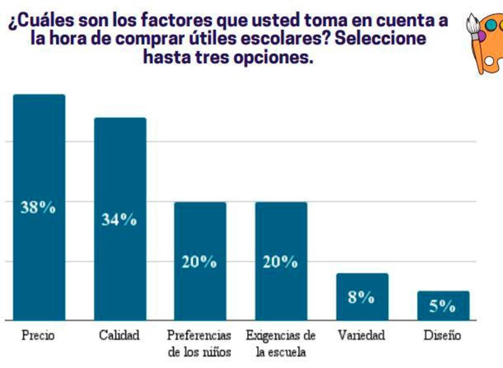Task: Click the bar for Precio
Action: (39, 207)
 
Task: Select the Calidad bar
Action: (120, 219)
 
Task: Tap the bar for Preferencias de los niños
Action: (200, 261)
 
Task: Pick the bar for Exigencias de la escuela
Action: (281, 261)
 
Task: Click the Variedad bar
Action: (362, 297)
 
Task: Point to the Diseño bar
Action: (443, 306)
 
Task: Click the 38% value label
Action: (38, 207)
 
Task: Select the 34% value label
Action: (119, 219)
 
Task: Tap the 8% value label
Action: (361, 297)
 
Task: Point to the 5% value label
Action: (442, 306)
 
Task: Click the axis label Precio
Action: (38, 335)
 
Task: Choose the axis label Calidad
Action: (119, 335)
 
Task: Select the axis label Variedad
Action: (362, 335)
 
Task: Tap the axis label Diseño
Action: (442, 335)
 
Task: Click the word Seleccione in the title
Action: (380, 39)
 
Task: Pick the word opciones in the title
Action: (273, 58)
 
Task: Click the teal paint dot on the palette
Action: (491, 25)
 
